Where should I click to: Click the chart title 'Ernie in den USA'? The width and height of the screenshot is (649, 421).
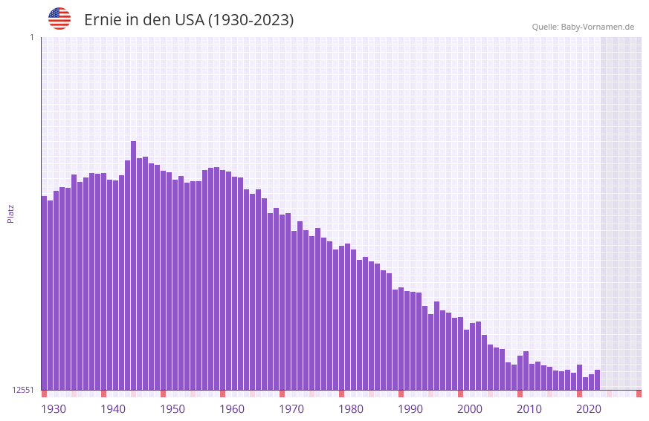(189, 20)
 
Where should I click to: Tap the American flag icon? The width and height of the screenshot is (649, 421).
(59, 19)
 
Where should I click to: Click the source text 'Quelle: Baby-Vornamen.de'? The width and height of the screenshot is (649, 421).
(583, 27)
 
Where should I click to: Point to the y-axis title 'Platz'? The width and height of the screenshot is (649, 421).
(10, 213)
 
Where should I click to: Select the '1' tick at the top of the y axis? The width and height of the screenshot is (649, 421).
(31, 37)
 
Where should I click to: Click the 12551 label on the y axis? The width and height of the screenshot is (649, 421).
(23, 390)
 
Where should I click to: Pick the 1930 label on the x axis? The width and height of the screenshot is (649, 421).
(54, 409)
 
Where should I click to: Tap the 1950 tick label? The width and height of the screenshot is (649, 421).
(172, 409)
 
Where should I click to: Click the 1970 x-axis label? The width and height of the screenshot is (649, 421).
(291, 409)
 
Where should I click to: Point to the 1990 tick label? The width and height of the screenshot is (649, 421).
(410, 409)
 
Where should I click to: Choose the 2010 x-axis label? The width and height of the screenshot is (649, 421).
(529, 409)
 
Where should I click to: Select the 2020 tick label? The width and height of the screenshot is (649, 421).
(589, 409)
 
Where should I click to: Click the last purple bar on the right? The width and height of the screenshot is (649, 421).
(598, 379)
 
